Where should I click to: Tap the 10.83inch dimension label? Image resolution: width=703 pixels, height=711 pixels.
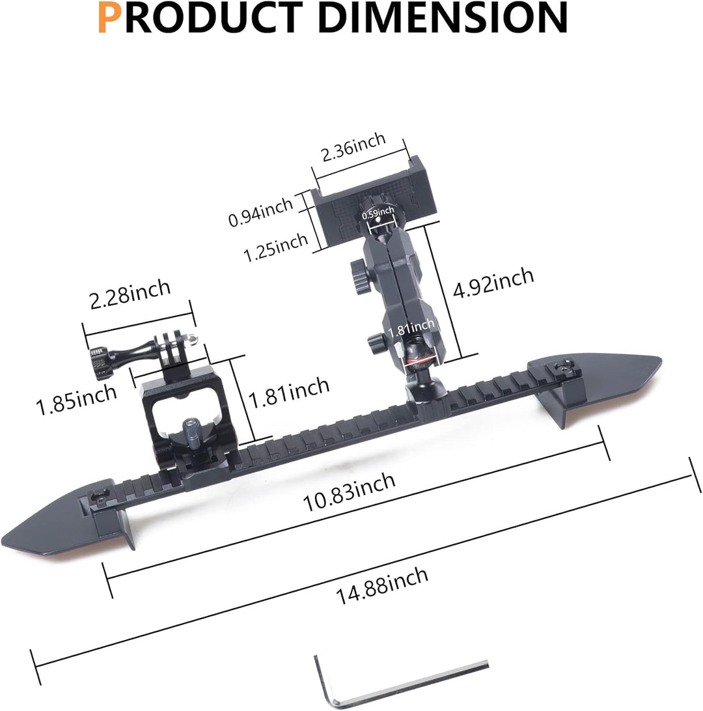pos(348,491)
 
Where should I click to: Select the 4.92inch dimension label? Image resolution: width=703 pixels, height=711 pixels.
pos(493,282)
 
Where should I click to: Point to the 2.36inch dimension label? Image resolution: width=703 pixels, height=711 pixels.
pos(353,147)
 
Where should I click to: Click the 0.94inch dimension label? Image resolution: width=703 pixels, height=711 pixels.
pos(260,212)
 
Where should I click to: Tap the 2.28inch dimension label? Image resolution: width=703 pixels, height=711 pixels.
pos(130,294)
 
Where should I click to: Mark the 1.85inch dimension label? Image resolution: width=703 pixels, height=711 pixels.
pos(76,400)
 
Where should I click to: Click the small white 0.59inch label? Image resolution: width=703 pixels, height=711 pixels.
pos(378,212)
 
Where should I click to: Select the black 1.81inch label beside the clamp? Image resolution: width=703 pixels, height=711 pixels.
pos(289,393)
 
